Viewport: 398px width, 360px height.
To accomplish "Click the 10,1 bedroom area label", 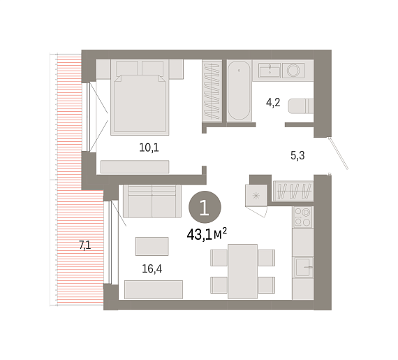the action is pos(149,147).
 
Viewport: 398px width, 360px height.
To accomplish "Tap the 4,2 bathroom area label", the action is pos(273,102).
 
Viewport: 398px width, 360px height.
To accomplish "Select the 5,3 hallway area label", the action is pos(297,155).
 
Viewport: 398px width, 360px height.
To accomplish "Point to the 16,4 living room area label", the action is pos(152,269).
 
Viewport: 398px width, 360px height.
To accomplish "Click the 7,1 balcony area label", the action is pos(85,245).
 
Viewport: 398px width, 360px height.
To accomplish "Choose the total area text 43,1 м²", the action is pos(207,234).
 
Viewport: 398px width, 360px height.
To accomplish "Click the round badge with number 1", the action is pos(205,208).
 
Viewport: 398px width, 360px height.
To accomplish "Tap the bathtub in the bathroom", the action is pos(239,90).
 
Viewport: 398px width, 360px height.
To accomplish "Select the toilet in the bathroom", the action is pos(301,106).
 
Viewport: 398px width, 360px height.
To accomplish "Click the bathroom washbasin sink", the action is pos(270,70).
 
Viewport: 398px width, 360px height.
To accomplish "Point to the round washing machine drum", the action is pos(293,70).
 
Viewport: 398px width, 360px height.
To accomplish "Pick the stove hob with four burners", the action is pos(302,217).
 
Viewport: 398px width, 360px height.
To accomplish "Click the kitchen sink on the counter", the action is pos(303,267).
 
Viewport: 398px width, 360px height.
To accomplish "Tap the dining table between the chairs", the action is pos(243,271).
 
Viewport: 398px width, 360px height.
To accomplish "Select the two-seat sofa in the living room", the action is pos(152,201).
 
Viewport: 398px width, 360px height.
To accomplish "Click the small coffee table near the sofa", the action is pos(152,246).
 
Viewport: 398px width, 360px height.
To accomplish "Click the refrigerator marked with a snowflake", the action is pos(256,196).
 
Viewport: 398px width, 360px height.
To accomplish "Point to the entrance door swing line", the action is pos(338,154).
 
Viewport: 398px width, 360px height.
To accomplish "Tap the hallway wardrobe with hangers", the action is pos(294,191).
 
